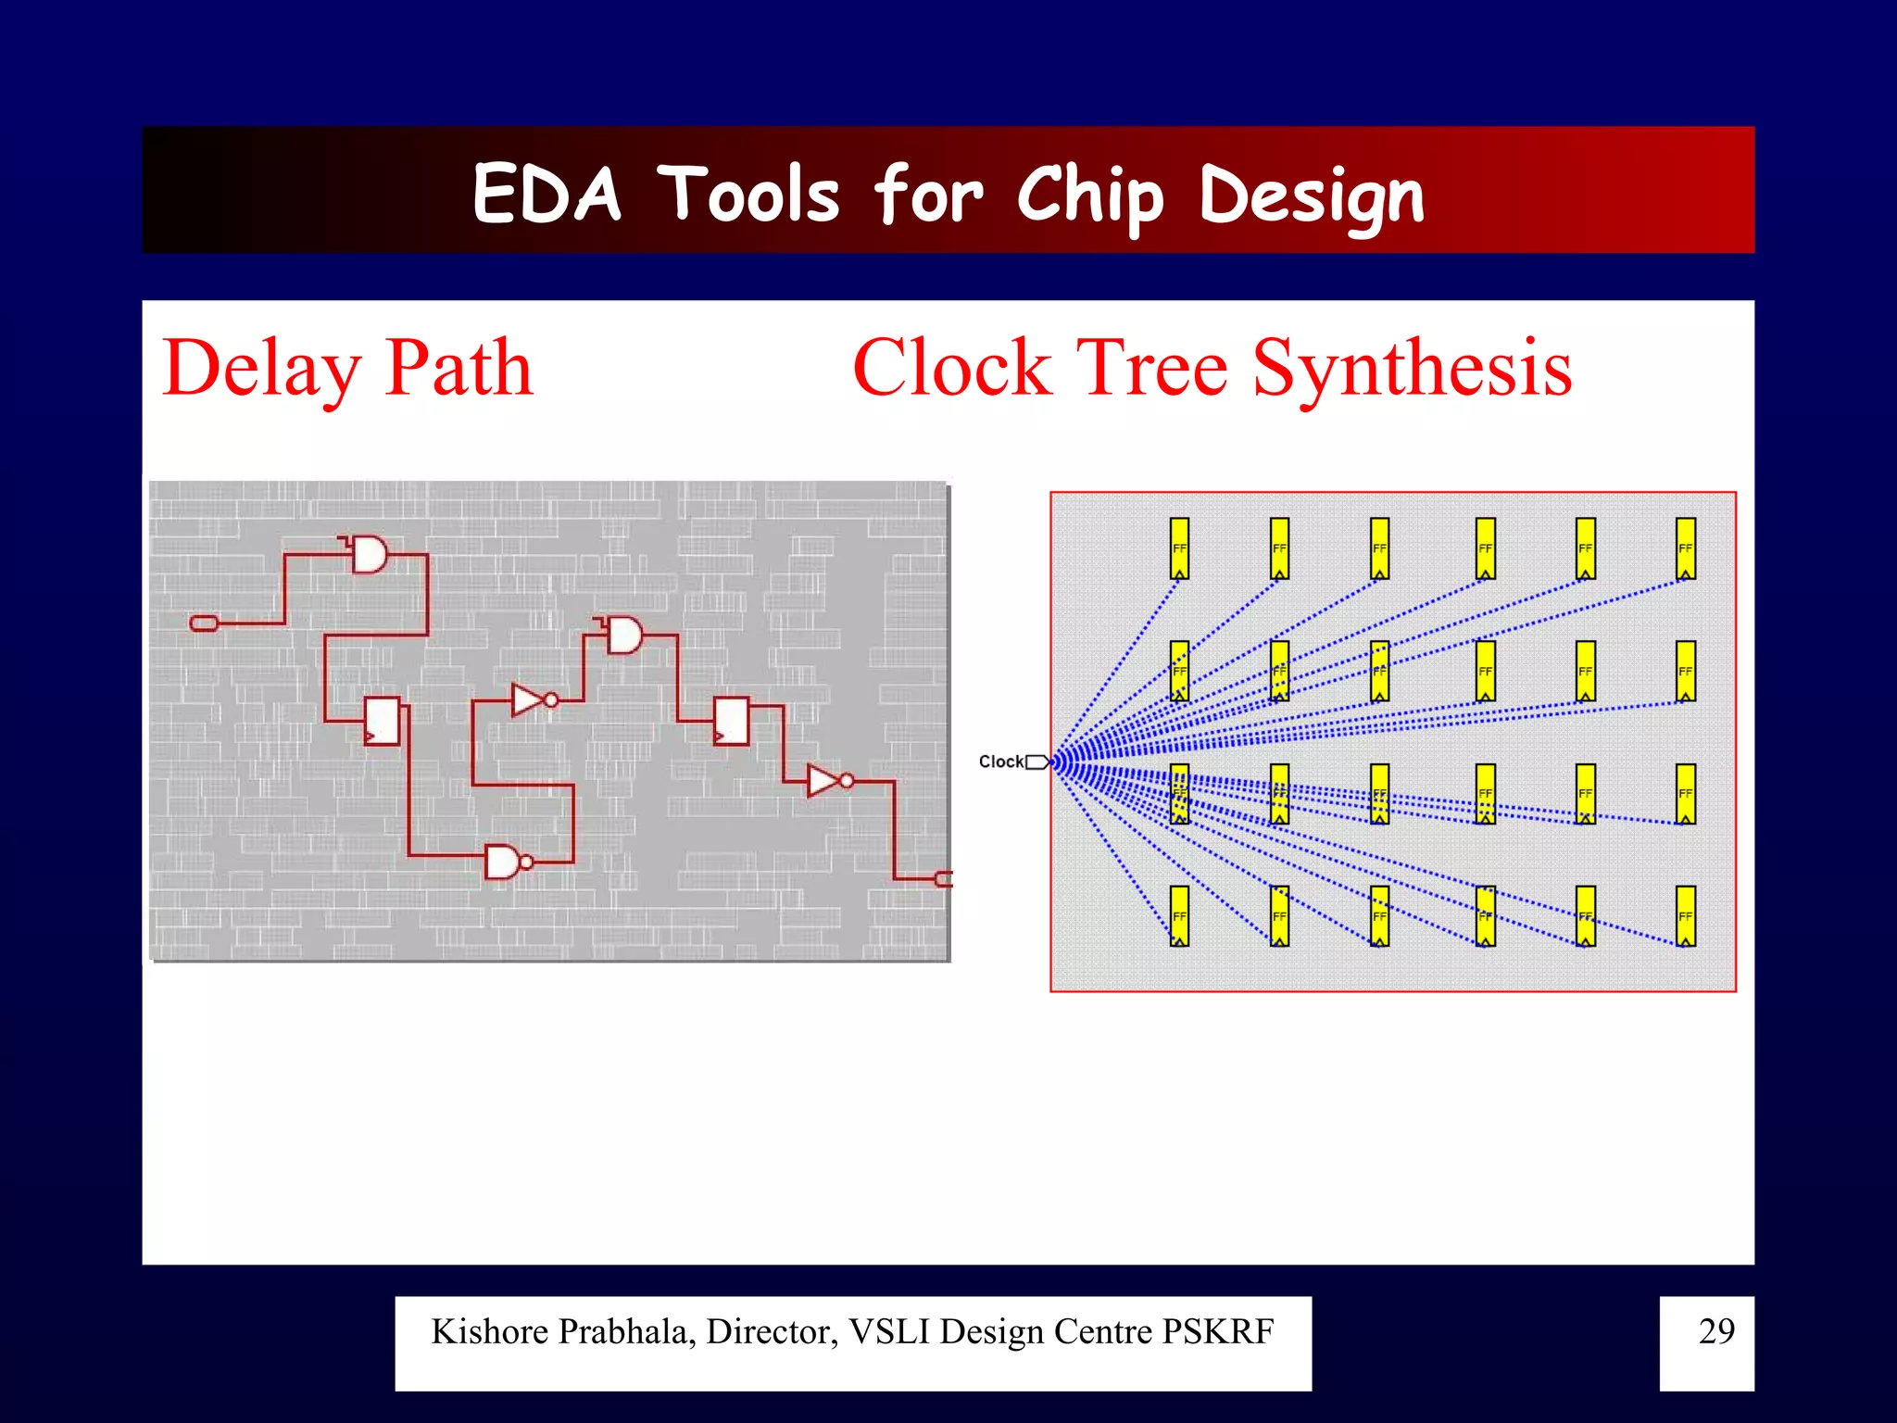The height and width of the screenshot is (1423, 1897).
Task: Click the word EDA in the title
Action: tap(546, 195)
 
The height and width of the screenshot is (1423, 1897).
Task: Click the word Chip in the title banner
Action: tap(1089, 196)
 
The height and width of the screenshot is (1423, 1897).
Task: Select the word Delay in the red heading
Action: tap(261, 369)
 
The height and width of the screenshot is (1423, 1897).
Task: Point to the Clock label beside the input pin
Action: tap(1000, 762)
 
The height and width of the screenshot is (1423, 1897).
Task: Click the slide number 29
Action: tap(1715, 1331)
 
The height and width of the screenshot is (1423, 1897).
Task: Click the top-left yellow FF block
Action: tap(1179, 548)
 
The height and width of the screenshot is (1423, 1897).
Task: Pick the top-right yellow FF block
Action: tap(1686, 548)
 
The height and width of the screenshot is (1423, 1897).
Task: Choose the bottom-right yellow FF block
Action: tap(1686, 915)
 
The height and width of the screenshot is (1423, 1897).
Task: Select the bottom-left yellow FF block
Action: tap(1179, 915)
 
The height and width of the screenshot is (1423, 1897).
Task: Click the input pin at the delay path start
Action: tap(204, 623)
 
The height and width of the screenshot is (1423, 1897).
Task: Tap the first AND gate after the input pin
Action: tap(369, 555)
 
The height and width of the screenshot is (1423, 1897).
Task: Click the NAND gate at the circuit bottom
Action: tap(504, 863)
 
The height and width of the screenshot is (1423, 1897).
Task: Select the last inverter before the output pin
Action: tap(824, 781)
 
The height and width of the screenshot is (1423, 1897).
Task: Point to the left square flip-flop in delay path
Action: tap(383, 721)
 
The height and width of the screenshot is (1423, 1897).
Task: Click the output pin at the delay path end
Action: tap(944, 878)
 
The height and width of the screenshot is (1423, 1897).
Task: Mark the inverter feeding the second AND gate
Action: tap(531, 700)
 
